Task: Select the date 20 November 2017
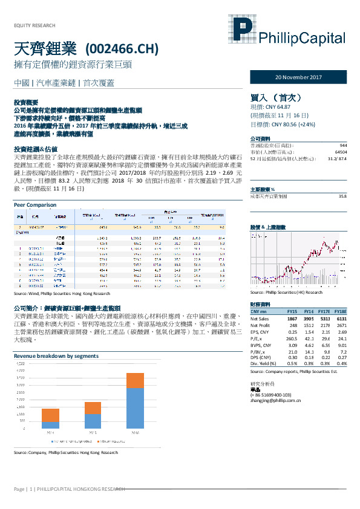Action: pyautogui.click(x=299, y=78)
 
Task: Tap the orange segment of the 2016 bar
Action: pyautogui.click(x=134, y=380)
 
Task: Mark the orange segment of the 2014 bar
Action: pyautogui.click(x=50, y=415)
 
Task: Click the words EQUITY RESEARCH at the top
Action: pyautogui.click(x=34, y=25)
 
